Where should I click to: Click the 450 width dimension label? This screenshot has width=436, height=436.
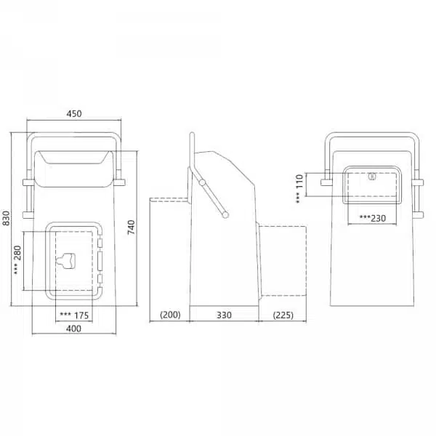74,114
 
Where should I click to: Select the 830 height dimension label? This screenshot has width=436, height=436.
6,218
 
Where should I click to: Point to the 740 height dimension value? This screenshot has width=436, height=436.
132,227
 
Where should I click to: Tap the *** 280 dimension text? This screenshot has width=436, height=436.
17,260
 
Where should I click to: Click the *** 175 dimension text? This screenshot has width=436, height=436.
75,315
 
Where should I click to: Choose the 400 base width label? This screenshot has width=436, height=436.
73,328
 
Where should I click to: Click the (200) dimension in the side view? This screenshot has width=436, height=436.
171,315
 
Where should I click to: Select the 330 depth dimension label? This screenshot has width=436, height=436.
224,315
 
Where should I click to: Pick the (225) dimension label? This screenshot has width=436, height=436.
283,315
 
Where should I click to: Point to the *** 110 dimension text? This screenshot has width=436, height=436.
299,189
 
